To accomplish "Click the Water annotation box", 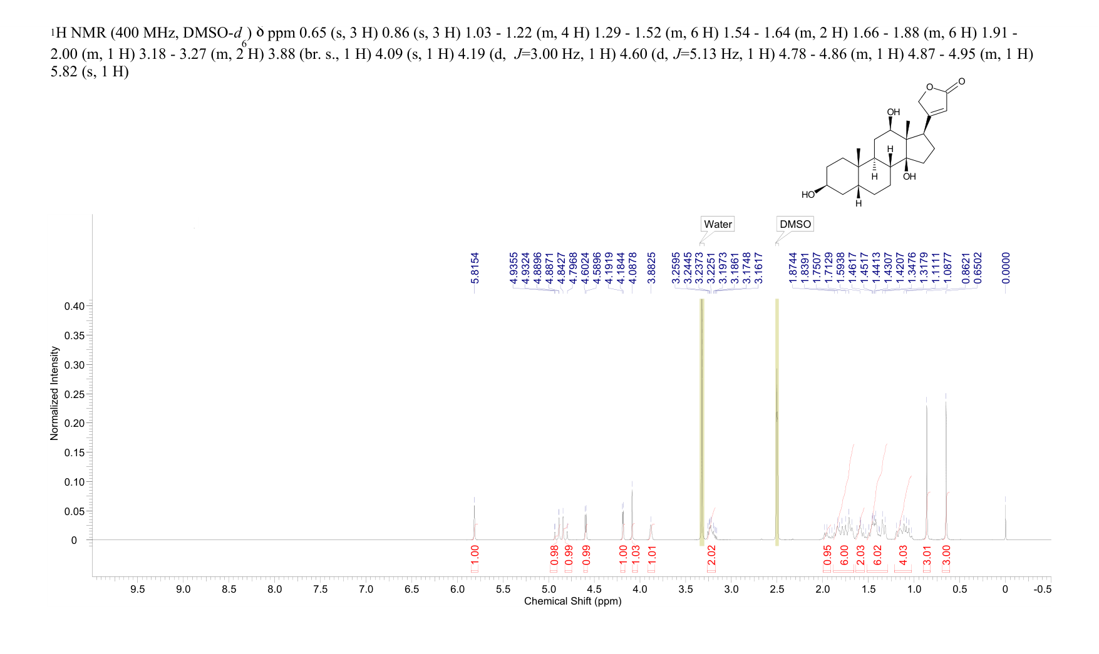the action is click(718, 224).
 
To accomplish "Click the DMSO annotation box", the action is click(795, 224).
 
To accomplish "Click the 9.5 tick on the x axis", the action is click(138, 590).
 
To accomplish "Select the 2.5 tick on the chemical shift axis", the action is click(777, 590).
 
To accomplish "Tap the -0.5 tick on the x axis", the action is click(1043, 590).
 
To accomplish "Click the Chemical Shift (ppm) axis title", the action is click(572, 601).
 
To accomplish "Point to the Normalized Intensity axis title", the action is click(54, 394).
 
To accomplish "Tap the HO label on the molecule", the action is click(808, 195).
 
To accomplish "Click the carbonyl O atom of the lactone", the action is click(962, 81).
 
